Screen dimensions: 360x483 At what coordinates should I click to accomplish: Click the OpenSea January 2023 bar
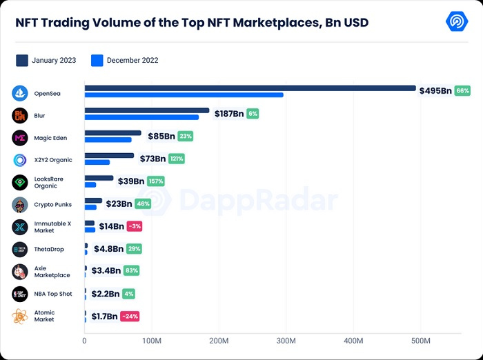(250, 88)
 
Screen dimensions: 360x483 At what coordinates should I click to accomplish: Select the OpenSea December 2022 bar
(184, 95)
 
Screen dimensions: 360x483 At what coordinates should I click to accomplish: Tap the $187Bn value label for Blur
(229, 114)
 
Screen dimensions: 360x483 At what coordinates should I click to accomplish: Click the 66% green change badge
(462, 91)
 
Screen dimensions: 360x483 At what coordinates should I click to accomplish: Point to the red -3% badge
(135, 226)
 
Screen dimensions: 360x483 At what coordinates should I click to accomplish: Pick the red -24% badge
(130, 317)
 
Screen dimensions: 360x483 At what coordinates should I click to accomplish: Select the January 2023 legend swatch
(22, 60)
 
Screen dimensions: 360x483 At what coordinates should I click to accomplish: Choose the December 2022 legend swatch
(97, 60)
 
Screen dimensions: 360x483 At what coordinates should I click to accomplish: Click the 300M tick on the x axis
(286, 341)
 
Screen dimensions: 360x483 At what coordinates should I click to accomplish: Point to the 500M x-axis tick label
(420, 341)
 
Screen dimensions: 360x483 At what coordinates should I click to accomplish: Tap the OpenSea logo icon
(20, 93)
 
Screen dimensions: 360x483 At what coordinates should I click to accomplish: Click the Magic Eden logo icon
(20, 138)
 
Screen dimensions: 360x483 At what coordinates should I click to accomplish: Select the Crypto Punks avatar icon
(20, 205)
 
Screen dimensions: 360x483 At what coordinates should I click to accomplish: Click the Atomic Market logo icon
(20, 317)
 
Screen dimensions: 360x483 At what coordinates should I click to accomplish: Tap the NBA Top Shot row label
(53, 294)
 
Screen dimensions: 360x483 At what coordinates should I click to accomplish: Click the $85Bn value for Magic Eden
(161, 137)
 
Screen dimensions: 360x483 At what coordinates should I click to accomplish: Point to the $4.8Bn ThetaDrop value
(108, 249)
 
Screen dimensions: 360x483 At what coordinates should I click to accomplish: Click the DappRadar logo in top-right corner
(457, 22)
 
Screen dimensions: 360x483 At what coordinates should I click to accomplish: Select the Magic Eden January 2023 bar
(112, 133)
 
